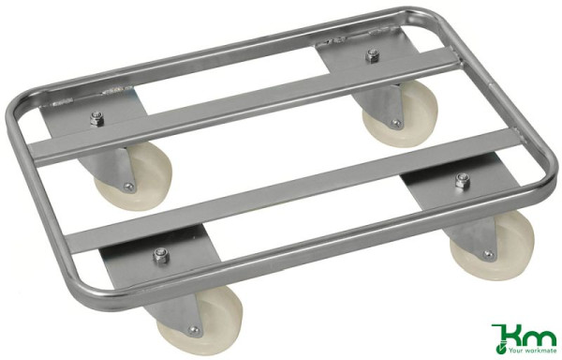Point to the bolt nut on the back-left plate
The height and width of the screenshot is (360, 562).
pos(97,118)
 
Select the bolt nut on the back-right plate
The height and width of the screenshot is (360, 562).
pos(372,54)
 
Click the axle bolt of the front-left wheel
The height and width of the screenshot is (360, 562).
pos(195,330)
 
